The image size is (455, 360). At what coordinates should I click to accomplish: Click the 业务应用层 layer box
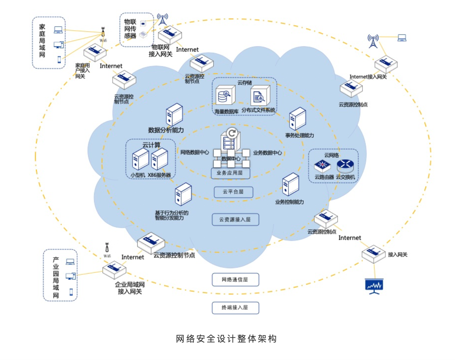230,173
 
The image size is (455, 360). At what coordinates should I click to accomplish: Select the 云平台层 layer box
233,192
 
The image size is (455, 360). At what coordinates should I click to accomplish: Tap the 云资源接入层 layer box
235,219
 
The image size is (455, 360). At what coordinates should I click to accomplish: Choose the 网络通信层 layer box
235,279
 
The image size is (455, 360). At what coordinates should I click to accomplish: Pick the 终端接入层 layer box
235,308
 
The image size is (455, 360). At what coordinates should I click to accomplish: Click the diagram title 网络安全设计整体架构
226,339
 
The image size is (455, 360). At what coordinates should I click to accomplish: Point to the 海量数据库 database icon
225,96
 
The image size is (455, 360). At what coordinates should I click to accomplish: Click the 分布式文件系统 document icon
260,96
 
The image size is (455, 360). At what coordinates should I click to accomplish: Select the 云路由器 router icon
322,166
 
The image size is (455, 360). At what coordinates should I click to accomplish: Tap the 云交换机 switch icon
345,166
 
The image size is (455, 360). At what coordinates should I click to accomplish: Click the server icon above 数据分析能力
174,114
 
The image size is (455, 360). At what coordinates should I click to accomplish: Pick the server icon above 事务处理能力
297,119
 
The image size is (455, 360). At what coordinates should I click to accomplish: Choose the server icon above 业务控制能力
291,185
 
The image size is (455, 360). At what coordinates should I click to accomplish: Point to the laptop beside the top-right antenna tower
402,38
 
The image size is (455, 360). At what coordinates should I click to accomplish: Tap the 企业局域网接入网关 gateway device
114,270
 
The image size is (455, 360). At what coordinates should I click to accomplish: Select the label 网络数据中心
195,152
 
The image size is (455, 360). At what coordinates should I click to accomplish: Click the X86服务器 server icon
160,159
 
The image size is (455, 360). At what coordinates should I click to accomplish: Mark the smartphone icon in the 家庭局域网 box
59,59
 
